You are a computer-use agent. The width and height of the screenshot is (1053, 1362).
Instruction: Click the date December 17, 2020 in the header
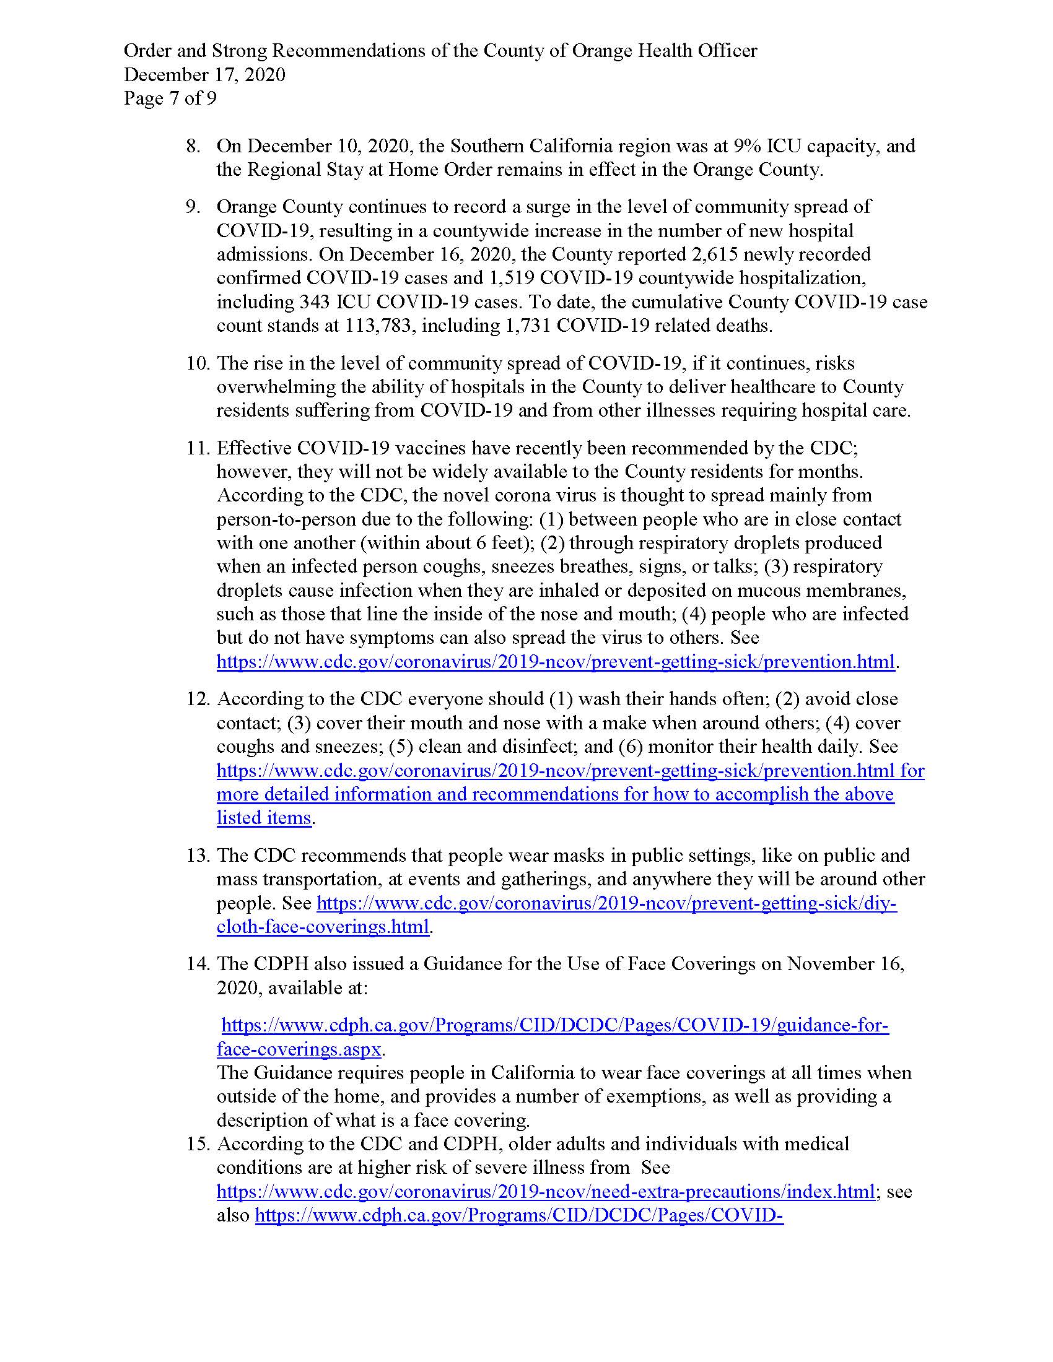[204, 75]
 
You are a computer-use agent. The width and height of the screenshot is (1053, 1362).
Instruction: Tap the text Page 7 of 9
[170, 98]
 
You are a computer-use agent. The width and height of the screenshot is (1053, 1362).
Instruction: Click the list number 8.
[193, 146]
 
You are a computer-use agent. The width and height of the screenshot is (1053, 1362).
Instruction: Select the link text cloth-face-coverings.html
[323, 927]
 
